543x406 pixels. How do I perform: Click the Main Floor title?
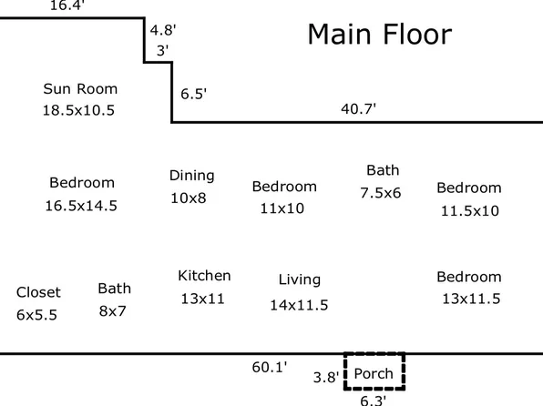(x=380, y=35)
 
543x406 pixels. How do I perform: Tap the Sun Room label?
(x=80, y=89)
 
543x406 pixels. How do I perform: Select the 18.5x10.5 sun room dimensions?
(x=78, y=110)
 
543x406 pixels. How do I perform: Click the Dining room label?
(x=192, y=176)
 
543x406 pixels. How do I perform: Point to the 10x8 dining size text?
(x=189, y=198)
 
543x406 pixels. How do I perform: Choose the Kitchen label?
(x=204, y=276)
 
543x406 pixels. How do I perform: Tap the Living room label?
(x=300, y=279)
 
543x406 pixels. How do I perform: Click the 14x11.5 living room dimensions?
(x=299, y=305)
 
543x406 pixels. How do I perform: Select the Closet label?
(x=38, y=292)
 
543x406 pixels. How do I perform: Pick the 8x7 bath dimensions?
(x=113, y=311)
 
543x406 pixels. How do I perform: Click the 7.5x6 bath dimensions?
(x=381, y=193)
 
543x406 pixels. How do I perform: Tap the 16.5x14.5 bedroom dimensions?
(x=81, y=206)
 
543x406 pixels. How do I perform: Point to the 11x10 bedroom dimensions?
(x=282, y=208)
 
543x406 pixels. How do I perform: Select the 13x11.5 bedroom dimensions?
(x=471, y=299)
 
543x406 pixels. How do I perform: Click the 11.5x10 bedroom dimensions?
(x=470, y=211)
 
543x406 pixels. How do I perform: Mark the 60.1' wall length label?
(x=270, y=367)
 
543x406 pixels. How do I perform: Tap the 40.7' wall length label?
(x=358, y=108)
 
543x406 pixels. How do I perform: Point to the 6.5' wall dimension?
(x=193, y=94)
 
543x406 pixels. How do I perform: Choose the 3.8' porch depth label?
(x=326, y=377)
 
